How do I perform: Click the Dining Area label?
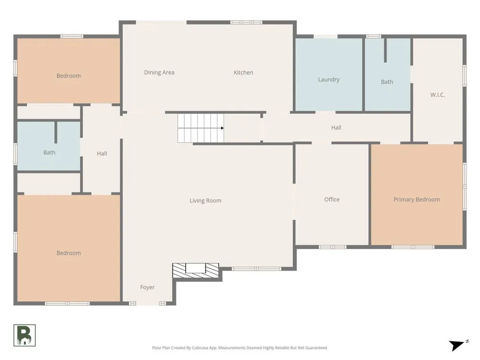click(x=159, y=72)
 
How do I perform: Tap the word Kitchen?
click(x=243, y=72)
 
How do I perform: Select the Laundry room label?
click(x=329, y=80)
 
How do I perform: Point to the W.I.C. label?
click(x=437, y=95)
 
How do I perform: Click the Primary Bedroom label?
click(x=417, y=200)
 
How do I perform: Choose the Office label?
click(x=332, y=200)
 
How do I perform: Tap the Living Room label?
click(x=205, y=201)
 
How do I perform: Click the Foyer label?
click(x=147, y=287)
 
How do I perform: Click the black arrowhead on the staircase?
click(x=222, y=128)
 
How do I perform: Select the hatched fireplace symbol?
click(x=196, y=270)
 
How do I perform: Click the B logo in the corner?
click(x=24, y=335)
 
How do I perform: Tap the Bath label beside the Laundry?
click(x=387, y=82)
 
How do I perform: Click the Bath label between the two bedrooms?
click(x=49, y=153)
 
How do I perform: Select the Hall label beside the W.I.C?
click(x=336, y=128)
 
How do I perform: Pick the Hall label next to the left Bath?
click(x=102, y=154)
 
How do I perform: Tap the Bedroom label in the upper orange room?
click(x=69, y=76)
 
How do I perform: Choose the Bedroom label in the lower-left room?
click(x=69, y=253)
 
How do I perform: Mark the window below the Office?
click(x=333, y=247)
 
